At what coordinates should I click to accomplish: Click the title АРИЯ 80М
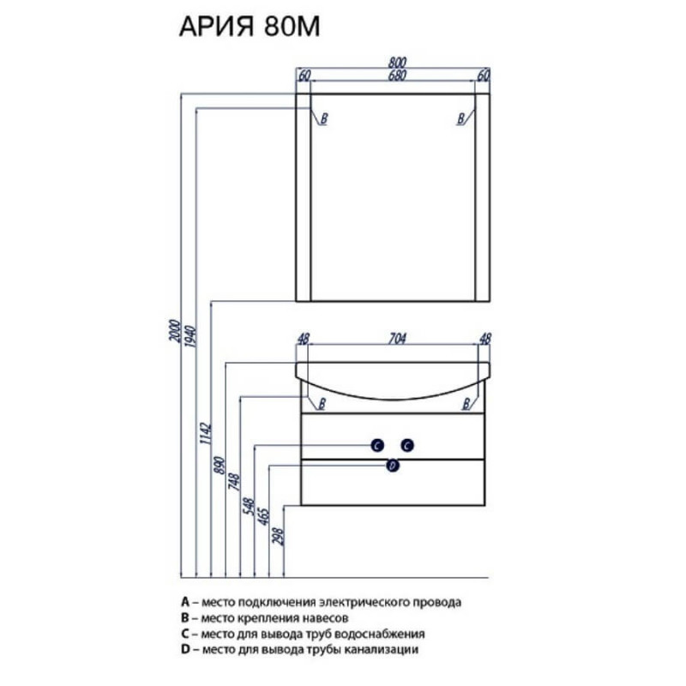[x=250, y=27]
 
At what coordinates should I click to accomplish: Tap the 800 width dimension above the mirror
[x=397, y=62]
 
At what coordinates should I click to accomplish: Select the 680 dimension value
[x=397, y=75]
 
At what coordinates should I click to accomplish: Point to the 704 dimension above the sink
[x=397, y=338]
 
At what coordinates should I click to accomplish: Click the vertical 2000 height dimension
[x=175, y=331]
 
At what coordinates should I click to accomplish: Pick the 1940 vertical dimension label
[x=190, y=336]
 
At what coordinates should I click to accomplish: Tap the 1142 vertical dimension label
[x=205, y=434]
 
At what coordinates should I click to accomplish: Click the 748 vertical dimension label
[x=234, y=482]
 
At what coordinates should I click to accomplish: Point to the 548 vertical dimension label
[x=249, y=507]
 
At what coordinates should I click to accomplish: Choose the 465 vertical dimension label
[x=263, y=516]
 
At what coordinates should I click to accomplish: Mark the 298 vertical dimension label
[x=278, y=537]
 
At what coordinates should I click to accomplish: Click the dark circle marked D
[x=393, y=466]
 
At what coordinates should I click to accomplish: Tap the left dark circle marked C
[x=377, y=445]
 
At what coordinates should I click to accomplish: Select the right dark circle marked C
[x=407, y=445]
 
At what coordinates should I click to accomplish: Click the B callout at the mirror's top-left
[x=324, y=118]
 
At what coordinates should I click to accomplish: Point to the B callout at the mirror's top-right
[x=460, y=118]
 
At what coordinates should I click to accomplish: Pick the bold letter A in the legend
[x=185, y=602]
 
